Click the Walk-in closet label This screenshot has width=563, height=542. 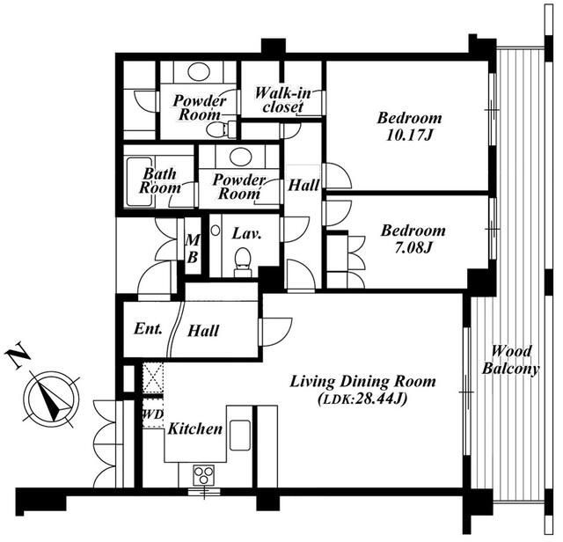click(283, 100)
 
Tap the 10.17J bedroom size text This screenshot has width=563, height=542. click(409, 136)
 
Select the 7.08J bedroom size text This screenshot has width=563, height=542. click(413, 248)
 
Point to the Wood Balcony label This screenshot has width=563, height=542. click(510, 360)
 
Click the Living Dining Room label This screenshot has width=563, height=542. click(362, 382)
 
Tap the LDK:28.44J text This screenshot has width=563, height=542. click(362, 399)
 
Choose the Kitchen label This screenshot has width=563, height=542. click(195, 428)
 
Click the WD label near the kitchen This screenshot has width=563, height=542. click(153, 414)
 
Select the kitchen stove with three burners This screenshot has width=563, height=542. click(203, 475)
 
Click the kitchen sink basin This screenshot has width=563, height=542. click(240, 435)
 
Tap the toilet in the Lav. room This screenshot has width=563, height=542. click(243, 262)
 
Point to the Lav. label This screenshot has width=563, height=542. click(246, 234)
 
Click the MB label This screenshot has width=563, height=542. click(193, 248)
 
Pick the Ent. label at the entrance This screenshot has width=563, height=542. click(148, 329)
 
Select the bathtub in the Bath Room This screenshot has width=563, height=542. click(139, 182)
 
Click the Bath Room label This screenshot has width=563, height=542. click(160, 180)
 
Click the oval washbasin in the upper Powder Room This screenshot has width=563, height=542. click(199, 72)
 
